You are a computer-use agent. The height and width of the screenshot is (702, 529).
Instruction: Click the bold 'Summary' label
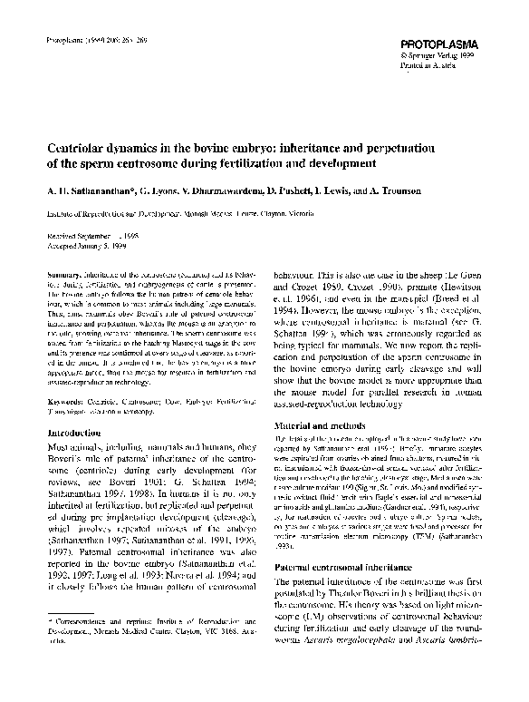pyautogui.click(x=63, y=274)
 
